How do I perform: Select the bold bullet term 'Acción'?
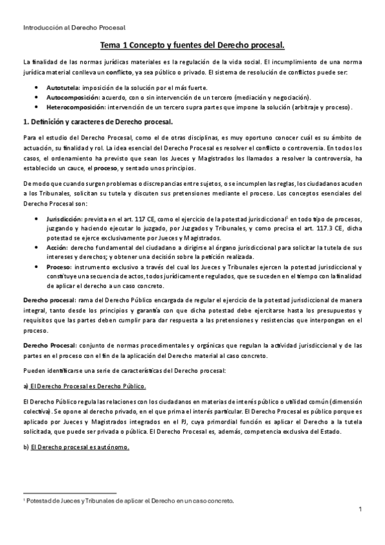click(58, 247)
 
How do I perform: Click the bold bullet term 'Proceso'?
click(59, 267)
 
